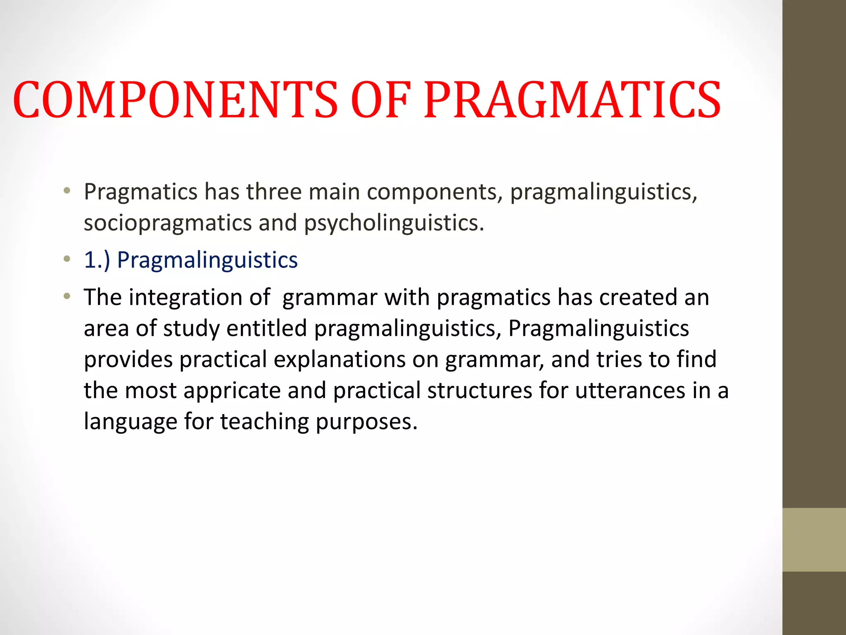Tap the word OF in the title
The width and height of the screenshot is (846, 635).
(x=381, y=100)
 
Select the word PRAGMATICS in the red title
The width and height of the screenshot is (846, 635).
(x=573, y=100)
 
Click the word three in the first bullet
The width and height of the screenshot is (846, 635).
(x=274, y=192)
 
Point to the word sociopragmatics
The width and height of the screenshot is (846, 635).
(x=168, y=223)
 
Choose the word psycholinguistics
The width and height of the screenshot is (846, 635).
(x=394, y=223)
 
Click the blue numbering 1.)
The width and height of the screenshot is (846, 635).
(x=97, y=260)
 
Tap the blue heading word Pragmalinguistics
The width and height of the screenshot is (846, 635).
(x=207, y=260)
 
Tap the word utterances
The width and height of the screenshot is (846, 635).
(x=630, y=390)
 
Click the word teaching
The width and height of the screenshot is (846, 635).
(x=264, y=422)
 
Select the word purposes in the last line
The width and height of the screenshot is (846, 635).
(x=366, y=422)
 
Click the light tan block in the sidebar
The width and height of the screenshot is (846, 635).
(x=814, y=540)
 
